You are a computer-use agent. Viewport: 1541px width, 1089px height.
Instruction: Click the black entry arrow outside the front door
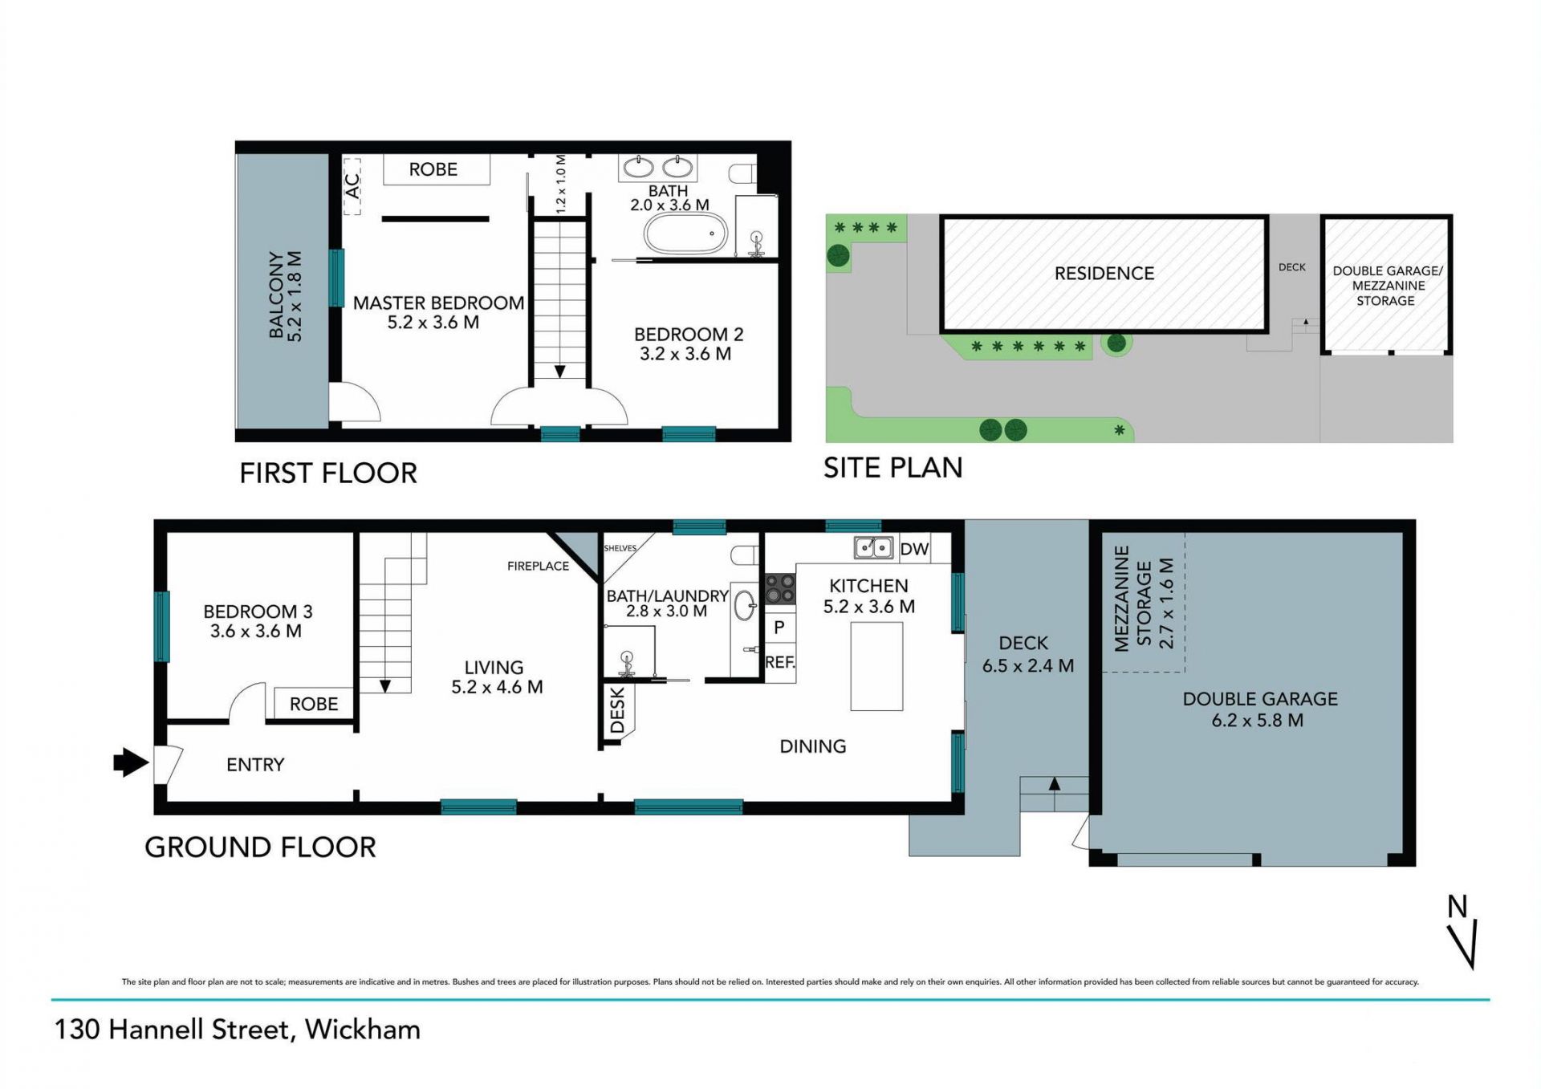(131, 762)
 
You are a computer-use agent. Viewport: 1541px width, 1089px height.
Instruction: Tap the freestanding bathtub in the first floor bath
(685, 234)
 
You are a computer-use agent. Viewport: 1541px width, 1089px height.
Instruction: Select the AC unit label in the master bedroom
(352, 186)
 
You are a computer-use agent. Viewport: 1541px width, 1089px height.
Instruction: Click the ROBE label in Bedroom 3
(314, 704)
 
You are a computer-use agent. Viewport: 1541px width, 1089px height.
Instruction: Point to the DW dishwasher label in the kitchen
(914, 549)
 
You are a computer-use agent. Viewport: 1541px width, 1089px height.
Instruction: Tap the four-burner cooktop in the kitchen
(779, 588)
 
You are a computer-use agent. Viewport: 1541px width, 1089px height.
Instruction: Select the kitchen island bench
(876, 666)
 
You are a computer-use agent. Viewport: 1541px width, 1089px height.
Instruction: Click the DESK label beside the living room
(617, 710)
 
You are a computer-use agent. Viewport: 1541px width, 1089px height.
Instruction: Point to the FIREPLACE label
(538, 566)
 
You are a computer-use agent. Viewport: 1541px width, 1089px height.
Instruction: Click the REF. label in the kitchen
(780, 663)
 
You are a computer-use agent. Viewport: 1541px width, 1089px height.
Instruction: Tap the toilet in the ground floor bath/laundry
(745, 555)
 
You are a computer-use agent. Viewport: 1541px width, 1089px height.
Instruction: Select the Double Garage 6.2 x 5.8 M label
(1259, 709)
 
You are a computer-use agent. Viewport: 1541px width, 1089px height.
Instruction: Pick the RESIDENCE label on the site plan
(1104, 274)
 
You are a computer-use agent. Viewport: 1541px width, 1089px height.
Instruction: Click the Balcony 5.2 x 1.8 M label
(285, 296)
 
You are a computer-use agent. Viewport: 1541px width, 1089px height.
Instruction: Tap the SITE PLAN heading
(892, 468)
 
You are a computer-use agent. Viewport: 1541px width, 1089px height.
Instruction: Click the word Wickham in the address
(363, 1029)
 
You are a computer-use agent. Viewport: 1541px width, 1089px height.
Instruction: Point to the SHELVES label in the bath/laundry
(620, 548)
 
